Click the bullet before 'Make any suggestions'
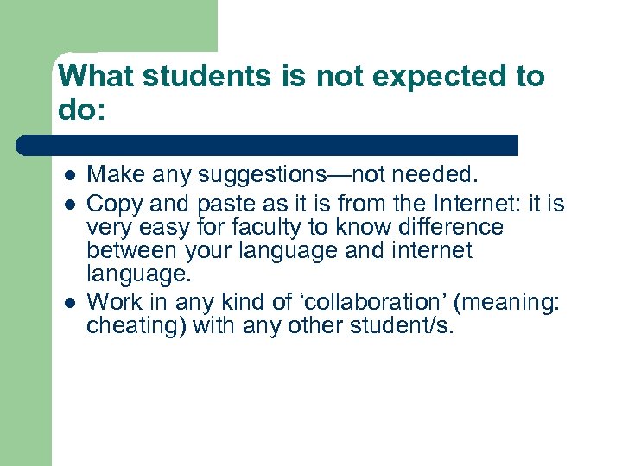pyautogui.click(x=68, y=176)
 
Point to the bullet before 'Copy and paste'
pyautogui.click(x=68, y=205)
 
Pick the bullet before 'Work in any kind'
pyautogui.click(x=68, y=304)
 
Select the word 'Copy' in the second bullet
pyautogui.click(x=111, y=204)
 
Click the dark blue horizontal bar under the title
pyautogui.click(x=268, y=145)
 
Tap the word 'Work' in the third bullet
pyautogui.click(x=111, y=302)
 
